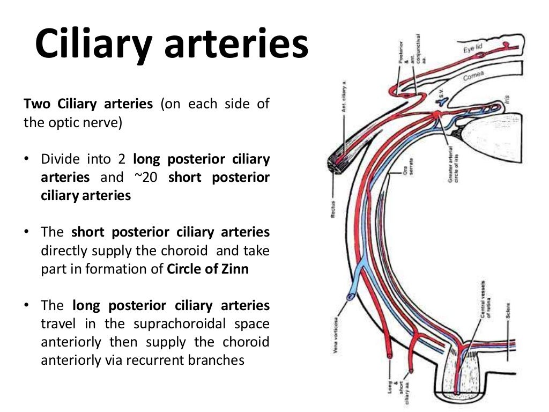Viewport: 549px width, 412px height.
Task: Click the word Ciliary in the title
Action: click(x=94, y=46)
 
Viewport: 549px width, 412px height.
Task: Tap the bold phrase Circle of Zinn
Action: click(x=208, y=269)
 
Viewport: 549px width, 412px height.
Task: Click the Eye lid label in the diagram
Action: click(x=473, y=49)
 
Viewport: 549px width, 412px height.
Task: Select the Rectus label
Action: click(x=332, y=209)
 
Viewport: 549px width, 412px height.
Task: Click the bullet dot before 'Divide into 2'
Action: click(x=27, y=160)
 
